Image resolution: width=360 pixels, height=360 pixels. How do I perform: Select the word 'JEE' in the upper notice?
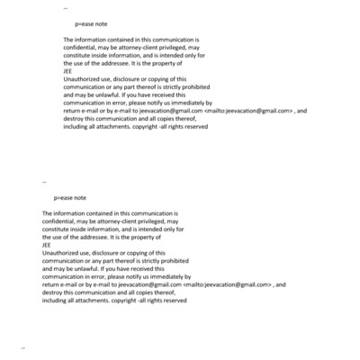click(x=69, y=72)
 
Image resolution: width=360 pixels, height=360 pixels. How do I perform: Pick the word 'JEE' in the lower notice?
click(x=47, y=245)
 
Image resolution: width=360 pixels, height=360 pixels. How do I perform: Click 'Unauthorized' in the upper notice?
click(x=83, y=79)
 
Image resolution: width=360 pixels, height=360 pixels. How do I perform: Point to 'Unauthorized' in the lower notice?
click(x=61, y=253)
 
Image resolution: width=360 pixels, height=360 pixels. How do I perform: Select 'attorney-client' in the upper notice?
click(x=141, y=49)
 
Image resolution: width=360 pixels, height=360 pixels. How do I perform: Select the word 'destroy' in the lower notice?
click(x=53, y=292)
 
